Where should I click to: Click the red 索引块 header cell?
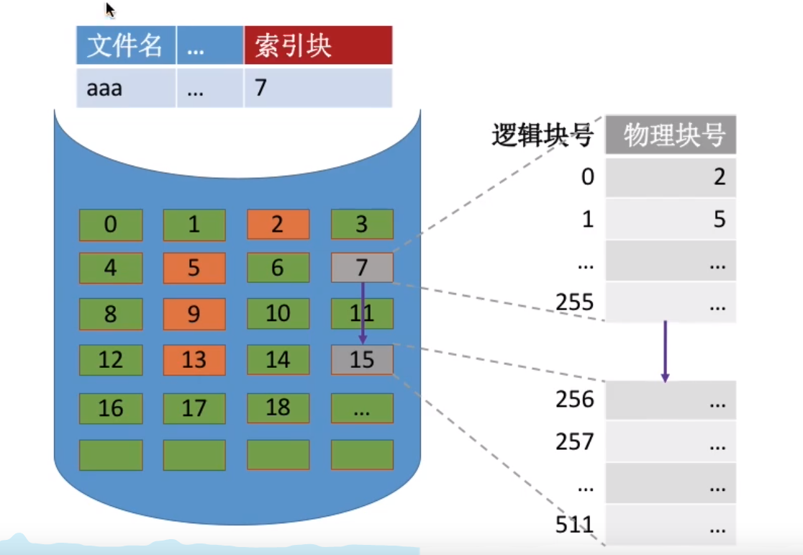coord(318,45)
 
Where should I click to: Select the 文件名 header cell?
coord(125,45)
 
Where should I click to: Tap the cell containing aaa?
coord(125,88)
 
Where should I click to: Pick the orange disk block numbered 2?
coord(278,225)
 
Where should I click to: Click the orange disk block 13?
coord(194,360)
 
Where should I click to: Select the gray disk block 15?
coord(362,360)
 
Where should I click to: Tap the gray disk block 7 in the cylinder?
coord(362,268)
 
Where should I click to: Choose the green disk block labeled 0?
coord(110,225)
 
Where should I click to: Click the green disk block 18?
coord(278,408)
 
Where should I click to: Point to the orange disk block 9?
coord(194,314)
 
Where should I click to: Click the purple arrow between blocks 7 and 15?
coord(363,312)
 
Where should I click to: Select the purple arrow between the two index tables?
coord(665,351)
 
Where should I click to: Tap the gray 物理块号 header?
coord(670,135)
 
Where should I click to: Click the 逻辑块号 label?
coord(542,135)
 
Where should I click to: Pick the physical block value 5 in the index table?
coord(719,220)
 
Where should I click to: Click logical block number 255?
coord(575,302)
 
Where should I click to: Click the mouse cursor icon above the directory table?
coord(110,9)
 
